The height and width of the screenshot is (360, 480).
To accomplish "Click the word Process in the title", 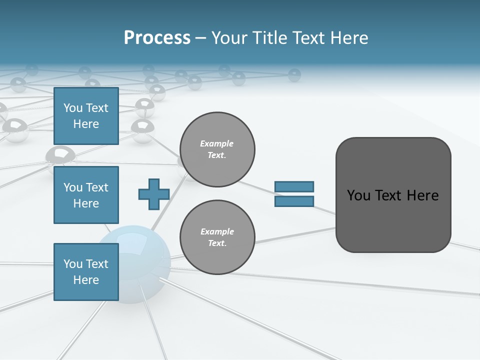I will (157, 38).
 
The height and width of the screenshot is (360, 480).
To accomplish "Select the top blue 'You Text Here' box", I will (86, 116).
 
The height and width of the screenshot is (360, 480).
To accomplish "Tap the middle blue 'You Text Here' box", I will (86, 195).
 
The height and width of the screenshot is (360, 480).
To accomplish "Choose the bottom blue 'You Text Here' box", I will (86, 272).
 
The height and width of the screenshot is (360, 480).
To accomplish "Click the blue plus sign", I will (154, 194).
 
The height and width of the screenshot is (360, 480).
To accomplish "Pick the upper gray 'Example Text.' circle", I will (217, 149).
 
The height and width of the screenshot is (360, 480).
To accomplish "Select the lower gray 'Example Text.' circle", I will (217, 237).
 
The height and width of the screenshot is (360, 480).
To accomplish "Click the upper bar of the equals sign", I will (294, 186).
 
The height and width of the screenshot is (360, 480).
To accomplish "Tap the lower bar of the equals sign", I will (294, 201).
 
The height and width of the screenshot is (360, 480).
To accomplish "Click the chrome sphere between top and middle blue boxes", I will (60, 155).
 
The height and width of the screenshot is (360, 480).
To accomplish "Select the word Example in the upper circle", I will (217, 143).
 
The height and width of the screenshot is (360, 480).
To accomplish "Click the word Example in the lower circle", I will (217, 231).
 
